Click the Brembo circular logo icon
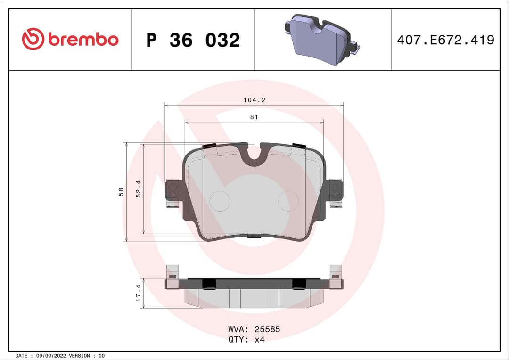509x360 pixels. coord(33,40)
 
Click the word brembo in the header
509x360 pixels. coord(83,40)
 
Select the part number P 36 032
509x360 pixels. coord(193,41)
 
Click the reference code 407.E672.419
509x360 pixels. coord(445,40)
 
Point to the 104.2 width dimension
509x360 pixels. coord(254,100)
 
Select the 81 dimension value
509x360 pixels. coord(254,117)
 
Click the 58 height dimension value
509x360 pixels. coord(121,192)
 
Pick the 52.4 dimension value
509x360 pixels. coord(139,188)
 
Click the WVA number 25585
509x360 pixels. coord(267,329)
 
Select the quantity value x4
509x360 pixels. coord(259,339)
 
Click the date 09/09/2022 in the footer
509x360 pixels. coord(51,355)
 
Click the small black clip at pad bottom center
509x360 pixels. coord(254,237)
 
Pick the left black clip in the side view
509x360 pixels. coord(209,283)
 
